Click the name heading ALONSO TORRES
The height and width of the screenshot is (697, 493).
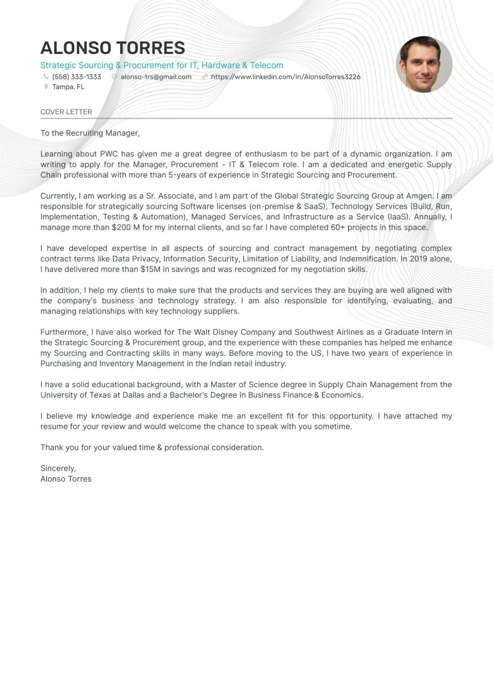pyautogui.click(x=113, y=48)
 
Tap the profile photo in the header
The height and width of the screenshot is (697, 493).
pyautogui.click(x=424, y=64)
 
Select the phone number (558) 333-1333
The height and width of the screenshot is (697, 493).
pyautogui.click(x=77, y=77)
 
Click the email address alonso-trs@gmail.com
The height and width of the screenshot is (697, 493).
pyautogui.click(x=156, y=77)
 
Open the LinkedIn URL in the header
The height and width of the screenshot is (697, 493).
pyautogui.click(x=285, y=77)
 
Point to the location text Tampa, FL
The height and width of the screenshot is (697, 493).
pyautogui.click(x=68, y=87)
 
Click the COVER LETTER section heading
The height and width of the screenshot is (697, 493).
pyautogui.click(x=66, y=112)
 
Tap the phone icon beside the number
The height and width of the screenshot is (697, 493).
pyautogui.click(x=46, y=77)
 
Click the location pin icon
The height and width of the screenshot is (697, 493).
pyautogui.click(x=46, y=87)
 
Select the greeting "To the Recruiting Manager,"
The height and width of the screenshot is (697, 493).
pyautogui.click(x=90, y=133)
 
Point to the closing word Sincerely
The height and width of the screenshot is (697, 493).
pyautogui.click(x=58, y=468)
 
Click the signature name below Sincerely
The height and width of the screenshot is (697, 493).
pyautogui.click(x=66, y=479)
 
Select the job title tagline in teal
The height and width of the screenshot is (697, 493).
pyautogui.click(x=162, y=65)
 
